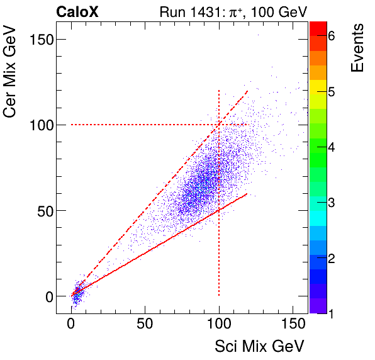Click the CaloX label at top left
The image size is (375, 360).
77,11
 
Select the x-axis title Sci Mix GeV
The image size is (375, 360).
260,346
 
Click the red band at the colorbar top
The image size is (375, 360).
318,27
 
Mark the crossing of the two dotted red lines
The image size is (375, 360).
218,125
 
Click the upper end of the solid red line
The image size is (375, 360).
247,193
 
